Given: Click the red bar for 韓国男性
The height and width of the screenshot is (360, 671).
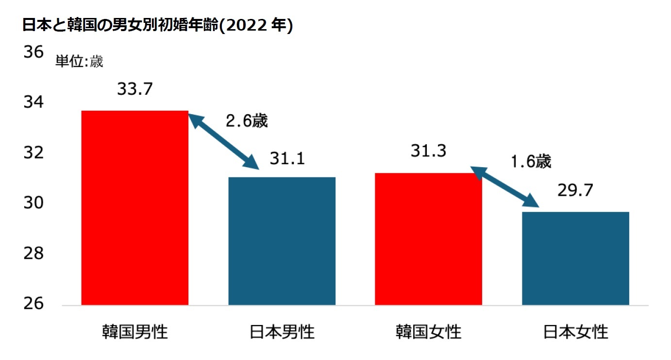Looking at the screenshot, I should click(134, 207).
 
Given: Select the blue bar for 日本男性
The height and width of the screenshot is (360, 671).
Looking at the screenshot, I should click(282, 241).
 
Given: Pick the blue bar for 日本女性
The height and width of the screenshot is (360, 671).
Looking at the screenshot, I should click(575, 258).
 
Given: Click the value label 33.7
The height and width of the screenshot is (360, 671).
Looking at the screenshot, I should click(135, 89).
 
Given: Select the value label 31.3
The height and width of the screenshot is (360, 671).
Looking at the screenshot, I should click(428, 152).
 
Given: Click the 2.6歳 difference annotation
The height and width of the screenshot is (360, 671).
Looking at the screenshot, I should click(247, 121).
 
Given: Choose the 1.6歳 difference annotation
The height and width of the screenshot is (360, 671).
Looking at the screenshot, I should click(531, 161).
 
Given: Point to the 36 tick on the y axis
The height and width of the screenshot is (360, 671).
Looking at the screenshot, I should click(34, 52).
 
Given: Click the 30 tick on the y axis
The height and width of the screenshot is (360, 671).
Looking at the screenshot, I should click(34, 203).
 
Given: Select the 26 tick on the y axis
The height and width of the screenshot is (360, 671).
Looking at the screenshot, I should click(34, 304).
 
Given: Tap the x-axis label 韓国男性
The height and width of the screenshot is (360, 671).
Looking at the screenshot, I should click(134, 332).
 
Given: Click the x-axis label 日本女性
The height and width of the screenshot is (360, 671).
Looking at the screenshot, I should click(575, 332).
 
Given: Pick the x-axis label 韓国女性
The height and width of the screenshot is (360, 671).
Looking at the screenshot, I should click(428, 332).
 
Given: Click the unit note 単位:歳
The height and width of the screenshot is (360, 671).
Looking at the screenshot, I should click(79, 62).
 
